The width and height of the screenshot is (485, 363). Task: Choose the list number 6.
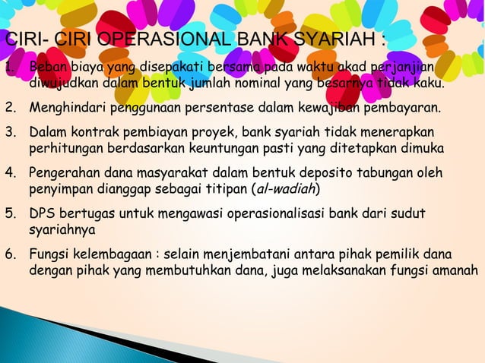10,252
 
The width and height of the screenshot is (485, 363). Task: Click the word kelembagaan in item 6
114,252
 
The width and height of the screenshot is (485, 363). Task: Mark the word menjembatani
259,252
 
